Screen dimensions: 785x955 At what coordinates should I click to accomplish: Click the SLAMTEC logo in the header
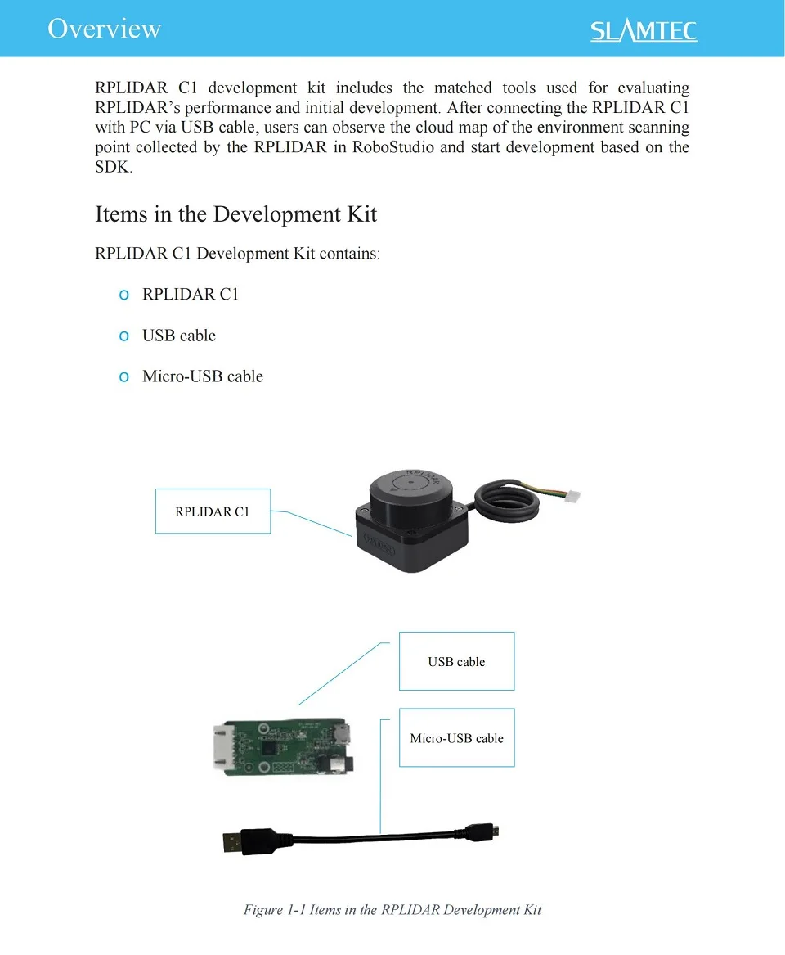pos(644,31)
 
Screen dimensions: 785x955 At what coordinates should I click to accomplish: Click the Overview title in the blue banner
pos(104,29)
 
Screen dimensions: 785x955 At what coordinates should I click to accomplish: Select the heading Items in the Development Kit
pos(235,214)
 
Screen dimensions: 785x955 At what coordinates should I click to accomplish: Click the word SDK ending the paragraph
pos(112,168)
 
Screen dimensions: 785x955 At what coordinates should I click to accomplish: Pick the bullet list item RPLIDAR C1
pos(191,295)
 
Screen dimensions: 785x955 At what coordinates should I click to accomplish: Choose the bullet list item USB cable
pos(179,336)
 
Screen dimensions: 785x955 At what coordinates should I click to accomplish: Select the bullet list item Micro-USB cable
pos(203,376)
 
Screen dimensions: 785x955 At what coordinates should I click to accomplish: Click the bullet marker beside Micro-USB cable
pos(124,376)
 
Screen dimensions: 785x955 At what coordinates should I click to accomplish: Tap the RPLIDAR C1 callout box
pos(213,511)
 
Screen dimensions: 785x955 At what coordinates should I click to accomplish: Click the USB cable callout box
pos(456,661)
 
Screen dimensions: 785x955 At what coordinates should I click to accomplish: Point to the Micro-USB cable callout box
pos(456,737)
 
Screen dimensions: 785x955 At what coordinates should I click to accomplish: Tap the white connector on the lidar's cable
pos(572,496)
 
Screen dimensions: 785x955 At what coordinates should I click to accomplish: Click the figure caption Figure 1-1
pos(392,910)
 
